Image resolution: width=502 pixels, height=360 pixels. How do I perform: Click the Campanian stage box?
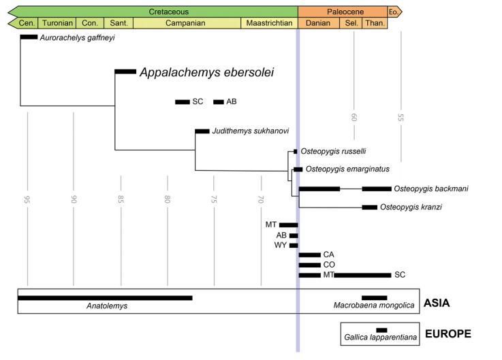pos(187,23)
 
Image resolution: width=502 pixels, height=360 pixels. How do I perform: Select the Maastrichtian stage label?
pos(269,23)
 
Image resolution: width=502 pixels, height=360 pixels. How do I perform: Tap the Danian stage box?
pos(318,23)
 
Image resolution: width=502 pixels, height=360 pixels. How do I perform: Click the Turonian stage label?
pos(57,23)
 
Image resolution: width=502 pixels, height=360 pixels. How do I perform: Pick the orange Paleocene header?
pos(341,12)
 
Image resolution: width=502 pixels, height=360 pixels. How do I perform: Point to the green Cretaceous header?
pos(168,12)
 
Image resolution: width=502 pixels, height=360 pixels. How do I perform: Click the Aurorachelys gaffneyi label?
pos(77,37)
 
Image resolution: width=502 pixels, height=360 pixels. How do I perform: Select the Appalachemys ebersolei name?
pos(206,72)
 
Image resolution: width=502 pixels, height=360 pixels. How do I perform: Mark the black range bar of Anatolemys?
pos(105,297)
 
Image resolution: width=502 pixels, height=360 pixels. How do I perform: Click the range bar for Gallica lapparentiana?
pos(381,330)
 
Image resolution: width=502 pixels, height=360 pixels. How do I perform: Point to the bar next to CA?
pos(309,255)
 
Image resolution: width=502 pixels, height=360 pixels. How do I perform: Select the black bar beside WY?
pos(294,245)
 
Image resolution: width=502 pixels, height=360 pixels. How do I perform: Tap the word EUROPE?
pos(448,334)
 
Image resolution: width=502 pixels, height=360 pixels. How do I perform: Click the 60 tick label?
pos(354,117)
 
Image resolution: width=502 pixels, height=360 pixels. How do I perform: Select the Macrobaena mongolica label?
pos(374,306)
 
